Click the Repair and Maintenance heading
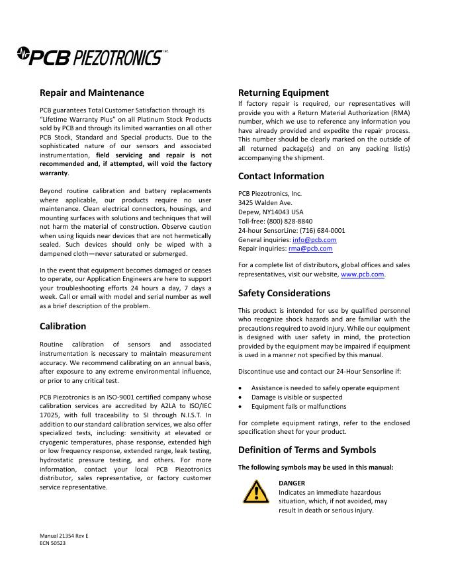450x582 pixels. pos(92,93)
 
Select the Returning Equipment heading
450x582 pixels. pos(283,93)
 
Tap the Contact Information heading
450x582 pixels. pos(281,176)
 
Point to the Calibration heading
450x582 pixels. pos(63,326)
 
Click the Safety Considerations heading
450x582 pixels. pos(284,293)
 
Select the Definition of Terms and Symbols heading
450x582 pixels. pos(307,450)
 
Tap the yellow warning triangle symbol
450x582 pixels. pos(255,492)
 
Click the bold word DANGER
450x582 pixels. pos(292,483)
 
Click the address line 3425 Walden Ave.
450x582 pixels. pos(265,202)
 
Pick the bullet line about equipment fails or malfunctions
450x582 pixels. pos(298,406)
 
